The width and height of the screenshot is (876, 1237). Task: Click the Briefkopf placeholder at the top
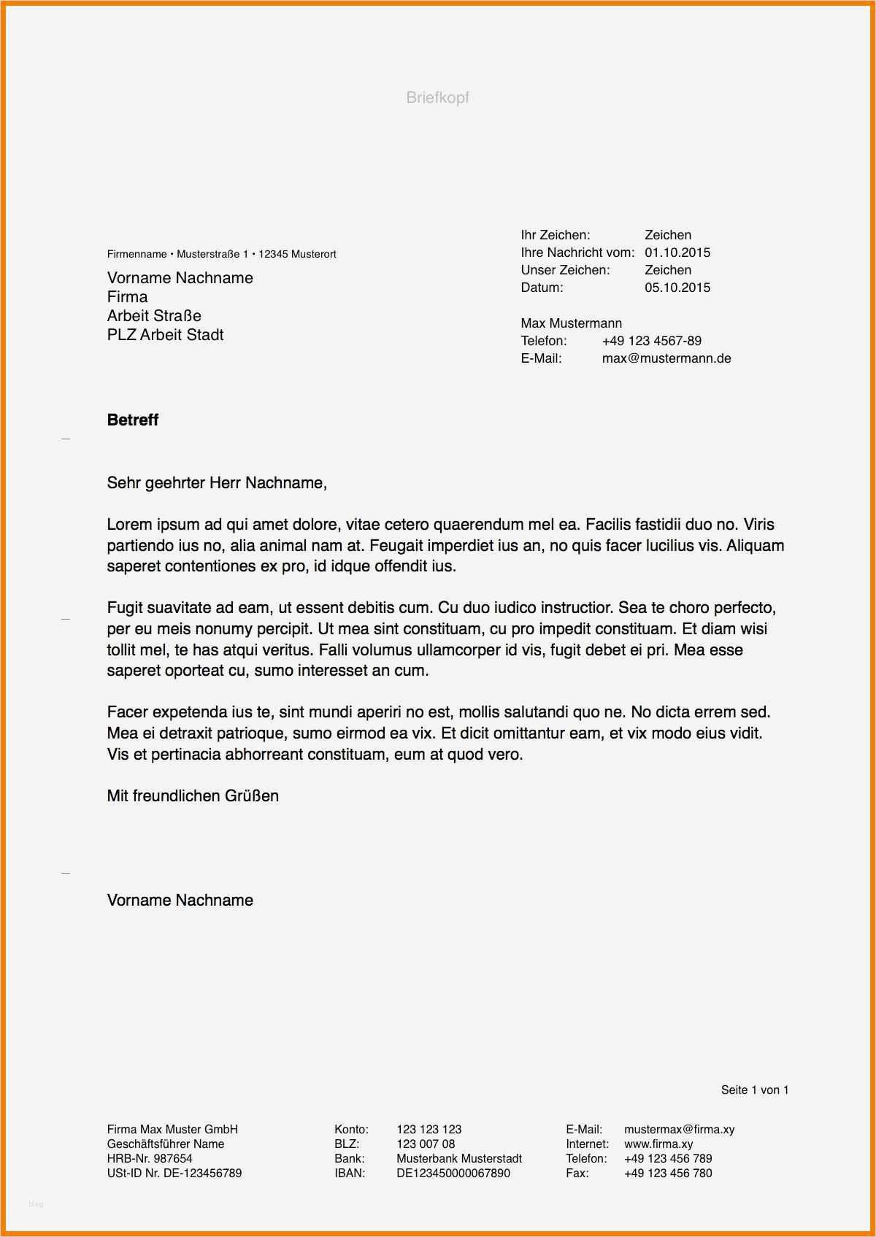437,98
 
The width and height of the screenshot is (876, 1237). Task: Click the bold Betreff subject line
133,420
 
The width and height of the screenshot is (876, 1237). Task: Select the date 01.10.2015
677,253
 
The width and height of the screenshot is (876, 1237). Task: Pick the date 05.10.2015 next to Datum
677,288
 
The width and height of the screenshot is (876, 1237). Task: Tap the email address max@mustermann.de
666,358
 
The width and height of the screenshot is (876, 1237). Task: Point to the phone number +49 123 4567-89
651,341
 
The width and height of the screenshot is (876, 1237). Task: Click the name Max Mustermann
571,323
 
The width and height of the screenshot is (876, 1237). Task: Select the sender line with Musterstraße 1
221,254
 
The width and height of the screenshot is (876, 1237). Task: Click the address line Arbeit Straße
154,316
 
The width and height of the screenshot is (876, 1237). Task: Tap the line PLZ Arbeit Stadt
165,335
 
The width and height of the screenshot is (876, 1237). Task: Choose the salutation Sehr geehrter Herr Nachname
217,483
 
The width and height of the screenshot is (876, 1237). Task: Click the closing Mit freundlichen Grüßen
193,796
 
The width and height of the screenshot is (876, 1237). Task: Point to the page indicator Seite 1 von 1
754,1090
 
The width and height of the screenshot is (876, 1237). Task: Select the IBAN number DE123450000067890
453,1174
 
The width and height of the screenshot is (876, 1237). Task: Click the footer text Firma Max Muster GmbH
172,1130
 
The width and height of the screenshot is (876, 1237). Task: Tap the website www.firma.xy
658,1144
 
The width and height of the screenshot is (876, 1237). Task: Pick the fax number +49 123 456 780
667,1174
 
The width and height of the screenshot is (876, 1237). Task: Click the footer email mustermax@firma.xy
679,1130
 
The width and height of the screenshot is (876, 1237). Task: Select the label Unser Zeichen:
564,270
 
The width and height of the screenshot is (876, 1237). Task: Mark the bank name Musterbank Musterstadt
458,1159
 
